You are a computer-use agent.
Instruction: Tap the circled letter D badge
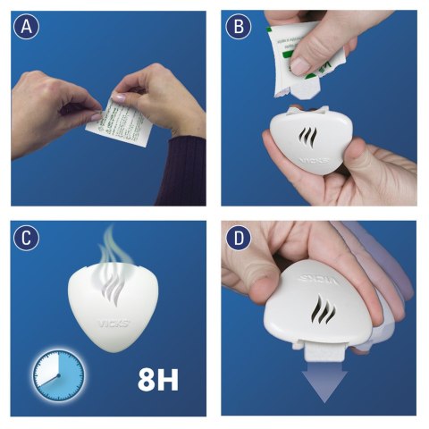click(240, 238)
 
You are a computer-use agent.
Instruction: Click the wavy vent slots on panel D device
click(320, 316)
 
